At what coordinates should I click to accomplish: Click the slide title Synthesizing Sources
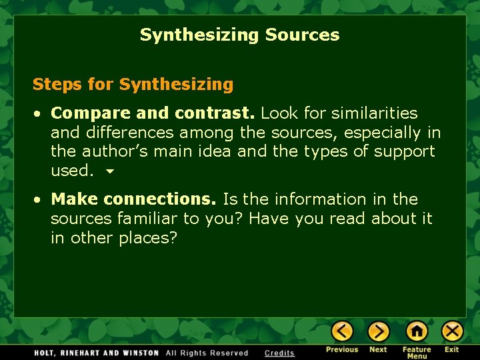pyautogui.click(x=239, y=35)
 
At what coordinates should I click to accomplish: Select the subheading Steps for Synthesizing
pyautogui.click(x=133, y=85)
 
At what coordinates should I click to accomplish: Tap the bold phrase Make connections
pyautogui.click(x=133, y=199)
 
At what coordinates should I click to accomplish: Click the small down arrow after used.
pyautogui.click(x=110, y=171)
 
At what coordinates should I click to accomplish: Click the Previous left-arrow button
pyautogui.click(x=343, y=331)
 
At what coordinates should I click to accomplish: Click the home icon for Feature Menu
pyautogui.click(x=417, y=331)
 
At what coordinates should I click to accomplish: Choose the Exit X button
pyautogui.click(x=452, y=331)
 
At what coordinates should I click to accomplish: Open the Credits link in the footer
pyautogui.click(x=279, y=353)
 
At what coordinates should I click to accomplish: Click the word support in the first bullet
pyautogui.click(x=404, y=151)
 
